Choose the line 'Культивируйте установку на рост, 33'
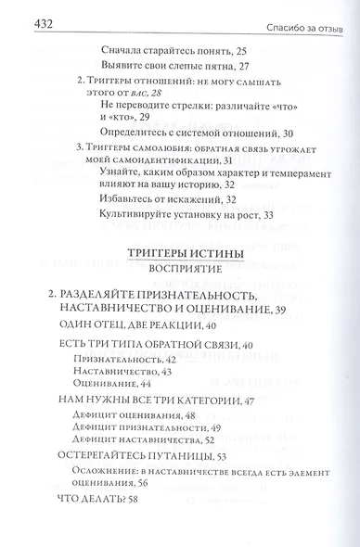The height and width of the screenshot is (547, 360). [x=190, y=215]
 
